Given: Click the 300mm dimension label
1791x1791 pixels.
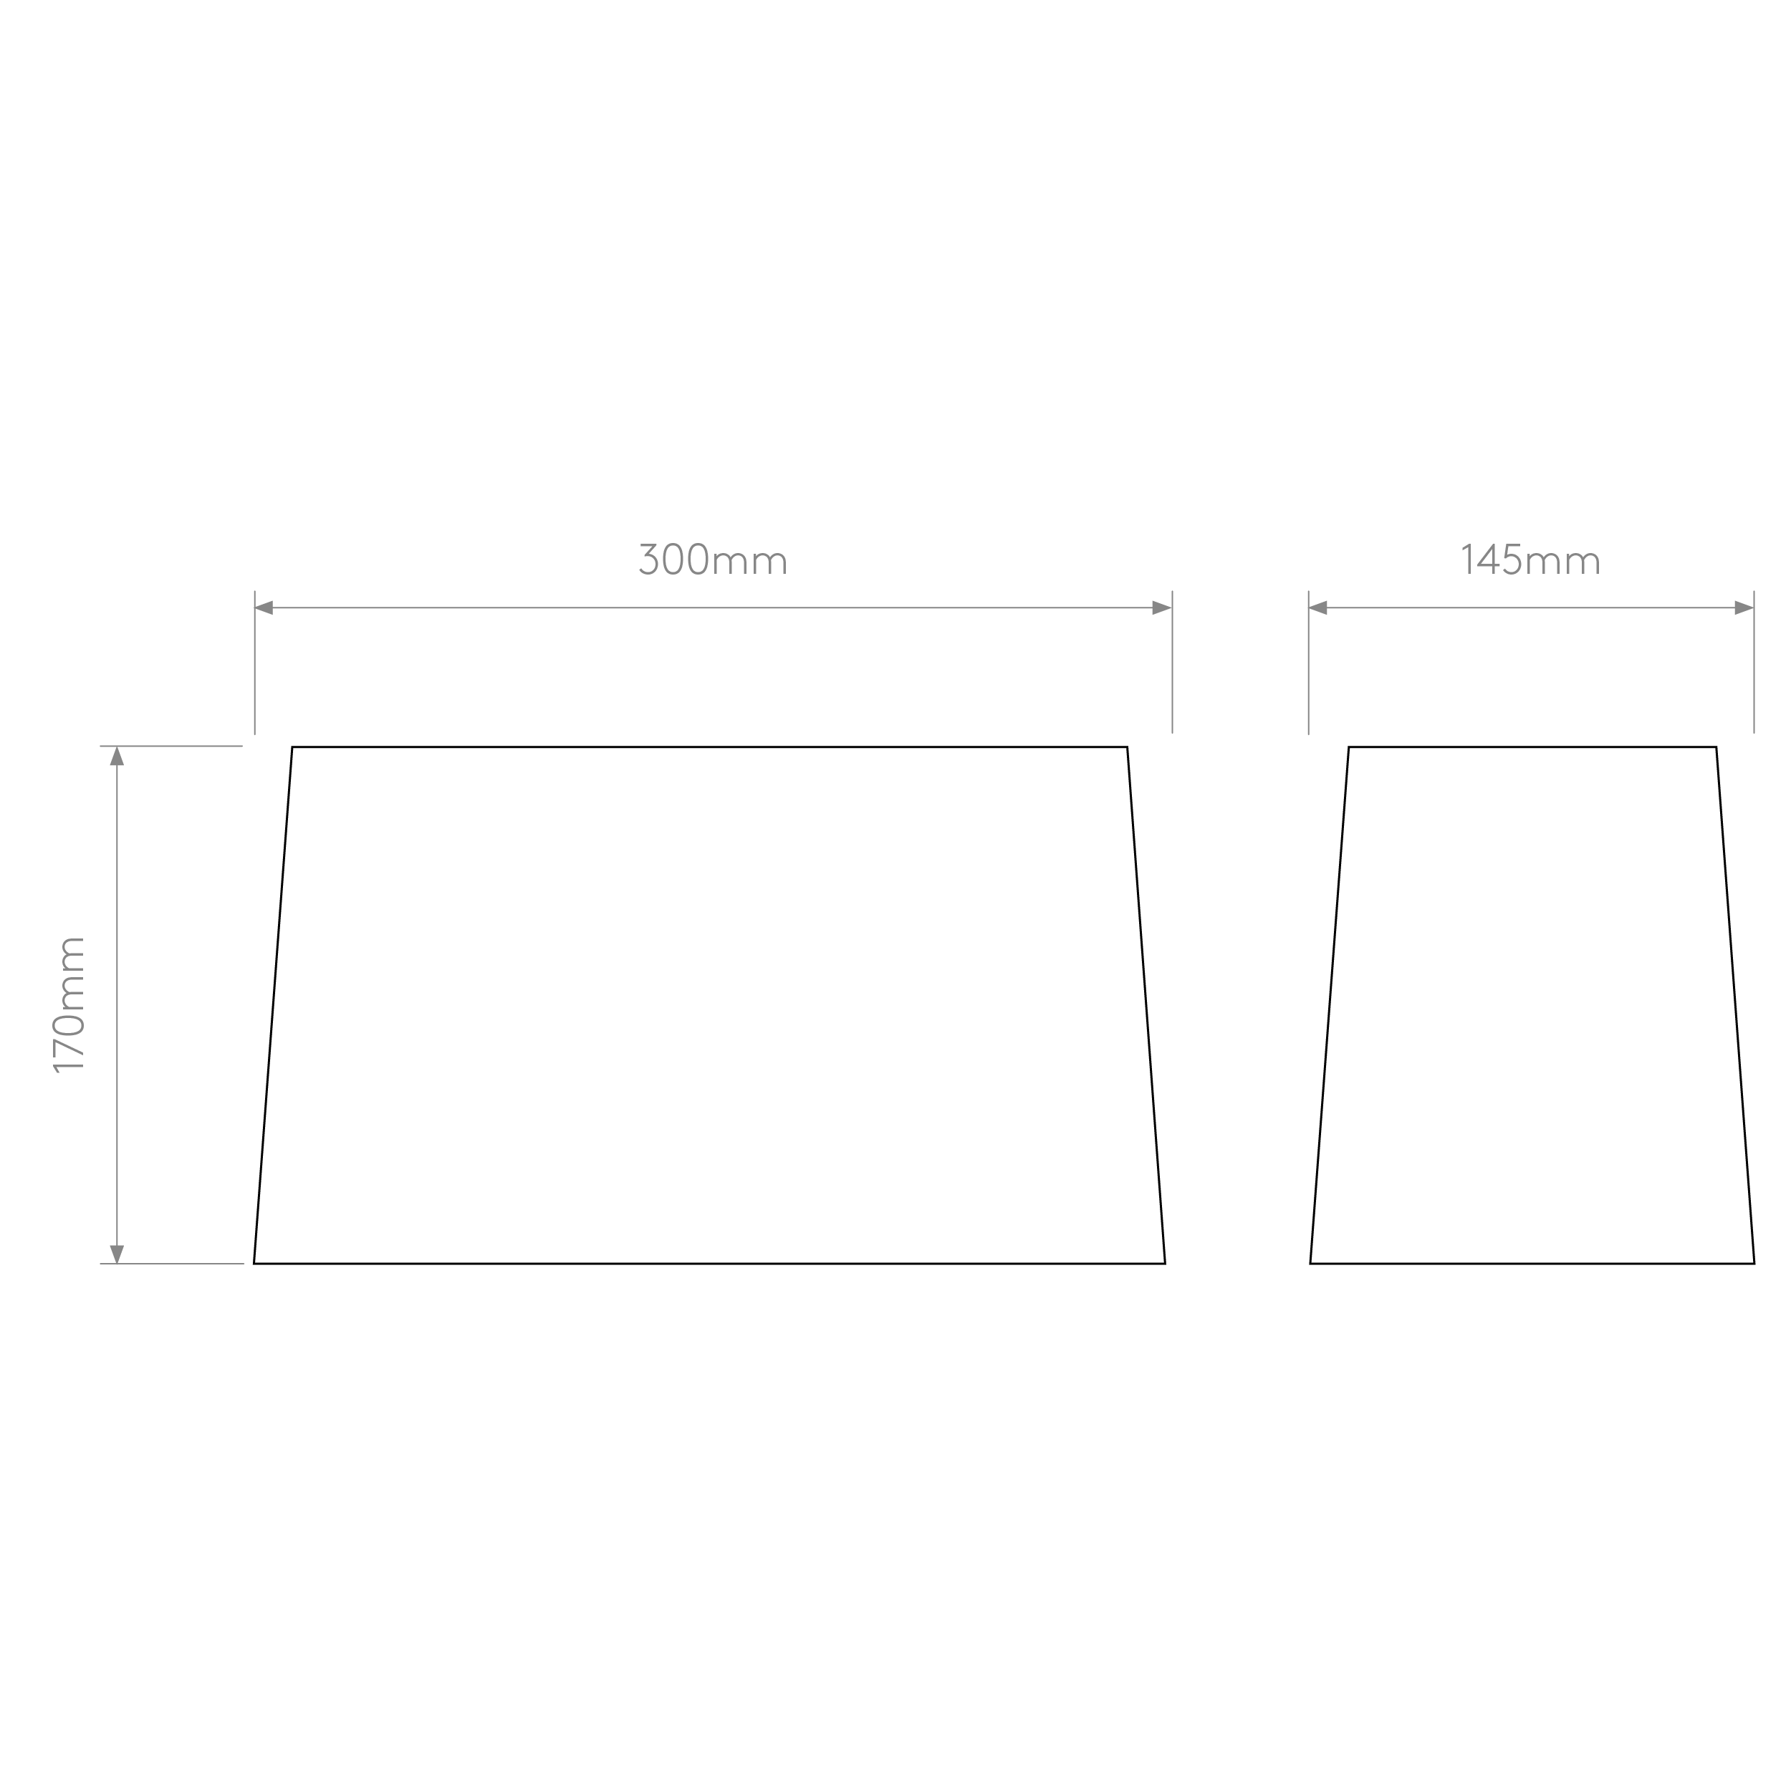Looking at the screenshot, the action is [713, 559].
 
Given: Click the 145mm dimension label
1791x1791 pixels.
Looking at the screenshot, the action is [1530, 559].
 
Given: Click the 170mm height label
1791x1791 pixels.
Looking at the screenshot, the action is [69, 1005].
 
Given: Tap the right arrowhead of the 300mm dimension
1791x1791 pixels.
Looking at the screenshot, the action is [1161, 608].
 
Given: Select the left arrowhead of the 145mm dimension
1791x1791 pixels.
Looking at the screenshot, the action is [1318, 608].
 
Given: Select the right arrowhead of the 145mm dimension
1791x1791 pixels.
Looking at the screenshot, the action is [1744, 608].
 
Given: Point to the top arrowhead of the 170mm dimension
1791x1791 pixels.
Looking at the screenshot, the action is [117, 757].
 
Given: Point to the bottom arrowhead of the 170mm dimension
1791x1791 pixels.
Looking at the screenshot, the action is [117, 1253].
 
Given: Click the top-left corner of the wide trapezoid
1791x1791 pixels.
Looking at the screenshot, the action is [292, 747].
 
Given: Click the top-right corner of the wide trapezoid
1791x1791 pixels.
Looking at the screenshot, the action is [1127, 747].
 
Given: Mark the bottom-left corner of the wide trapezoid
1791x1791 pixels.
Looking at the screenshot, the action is [254, 1264].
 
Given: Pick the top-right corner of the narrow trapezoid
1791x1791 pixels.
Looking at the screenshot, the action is [1716, 747].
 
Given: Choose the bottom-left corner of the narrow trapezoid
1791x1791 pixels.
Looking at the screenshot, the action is [1310, 1264].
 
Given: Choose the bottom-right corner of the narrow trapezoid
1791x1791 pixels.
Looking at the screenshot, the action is [1754, 1264].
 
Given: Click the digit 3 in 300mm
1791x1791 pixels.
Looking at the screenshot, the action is [649, 559].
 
